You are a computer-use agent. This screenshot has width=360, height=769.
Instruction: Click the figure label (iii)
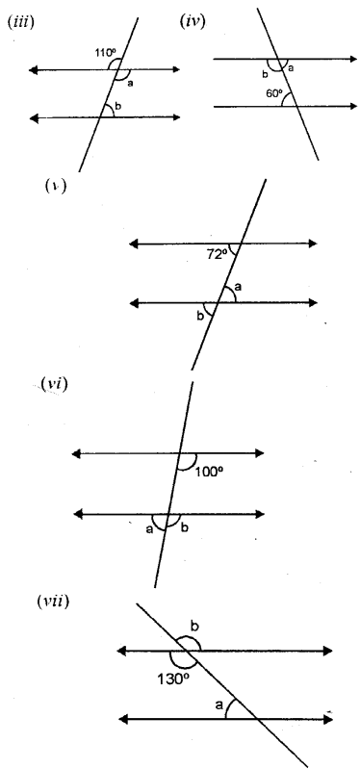tap(20, 20)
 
